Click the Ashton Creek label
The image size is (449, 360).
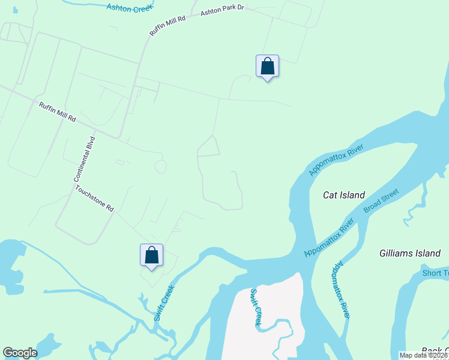(130, 6)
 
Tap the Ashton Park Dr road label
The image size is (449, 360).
(223, 11)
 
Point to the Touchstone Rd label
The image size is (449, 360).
(94, 198)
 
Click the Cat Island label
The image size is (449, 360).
(344, 195)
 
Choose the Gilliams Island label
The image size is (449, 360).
(410, 253)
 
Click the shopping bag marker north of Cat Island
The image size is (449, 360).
(267, 67)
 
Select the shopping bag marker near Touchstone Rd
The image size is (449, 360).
(151, 256)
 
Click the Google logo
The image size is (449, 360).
(20, 353)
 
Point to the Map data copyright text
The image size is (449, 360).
(424, 355)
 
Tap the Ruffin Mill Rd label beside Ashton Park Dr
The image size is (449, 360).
(168, 26)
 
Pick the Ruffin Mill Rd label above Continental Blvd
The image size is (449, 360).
(58, 112)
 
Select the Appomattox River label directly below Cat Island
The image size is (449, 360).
(330, 238)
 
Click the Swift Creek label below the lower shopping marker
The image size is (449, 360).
(163, 302)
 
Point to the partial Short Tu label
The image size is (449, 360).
(434, 273)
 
